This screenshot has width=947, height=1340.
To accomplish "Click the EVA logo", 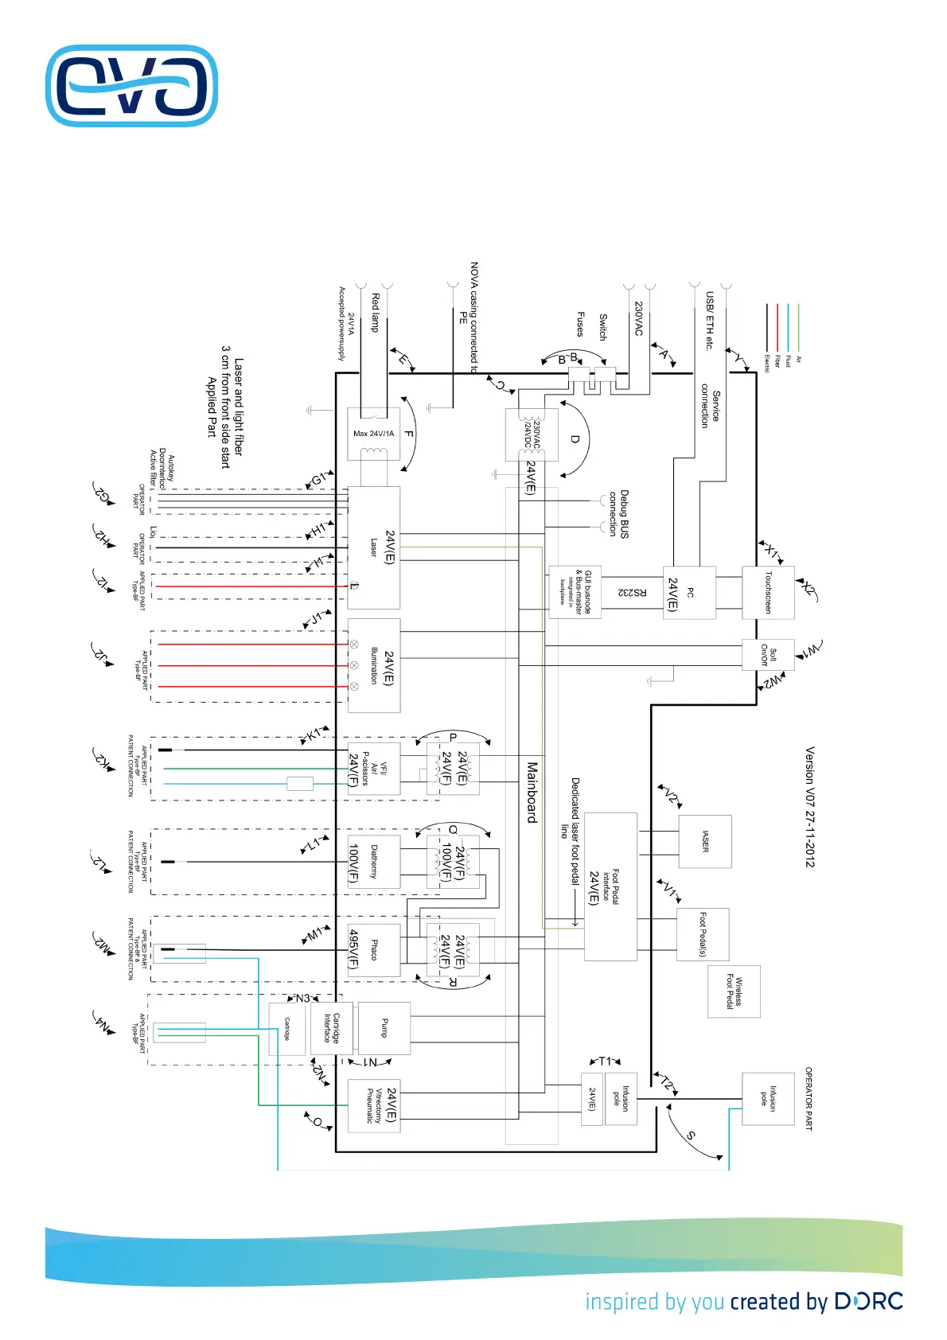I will tap(132, 86).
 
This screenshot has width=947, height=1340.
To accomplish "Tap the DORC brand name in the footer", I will tap(868, 1302).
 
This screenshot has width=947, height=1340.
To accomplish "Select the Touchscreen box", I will tap(768, 592).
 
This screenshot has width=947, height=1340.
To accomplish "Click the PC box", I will tap(689, 593).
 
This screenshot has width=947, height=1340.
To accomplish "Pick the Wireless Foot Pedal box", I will tap(734, 991).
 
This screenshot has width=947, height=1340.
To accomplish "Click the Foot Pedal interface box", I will tap(610, 886).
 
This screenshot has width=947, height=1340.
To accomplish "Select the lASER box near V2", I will tap(705, 841).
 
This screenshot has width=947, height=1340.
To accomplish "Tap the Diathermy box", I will tap(374, 862).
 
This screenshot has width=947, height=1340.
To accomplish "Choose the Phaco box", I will tap(374, 949).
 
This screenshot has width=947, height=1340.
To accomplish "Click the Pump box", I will tap(384, 1028).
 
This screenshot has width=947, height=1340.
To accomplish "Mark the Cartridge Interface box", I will tap(331, 1028).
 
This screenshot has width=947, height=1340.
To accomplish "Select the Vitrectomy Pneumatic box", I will tap(374, 1105).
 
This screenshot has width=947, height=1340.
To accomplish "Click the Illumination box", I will tap(374, 665).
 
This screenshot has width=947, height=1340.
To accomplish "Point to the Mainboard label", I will tap(532, 792).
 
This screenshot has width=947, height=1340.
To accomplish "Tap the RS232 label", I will tap(633, 593).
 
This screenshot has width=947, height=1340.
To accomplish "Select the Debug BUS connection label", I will tap(618, 514).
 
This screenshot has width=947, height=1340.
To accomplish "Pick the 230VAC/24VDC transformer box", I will tap(532, 434).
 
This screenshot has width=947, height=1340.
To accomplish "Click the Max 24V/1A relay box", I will tap(373, 434).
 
